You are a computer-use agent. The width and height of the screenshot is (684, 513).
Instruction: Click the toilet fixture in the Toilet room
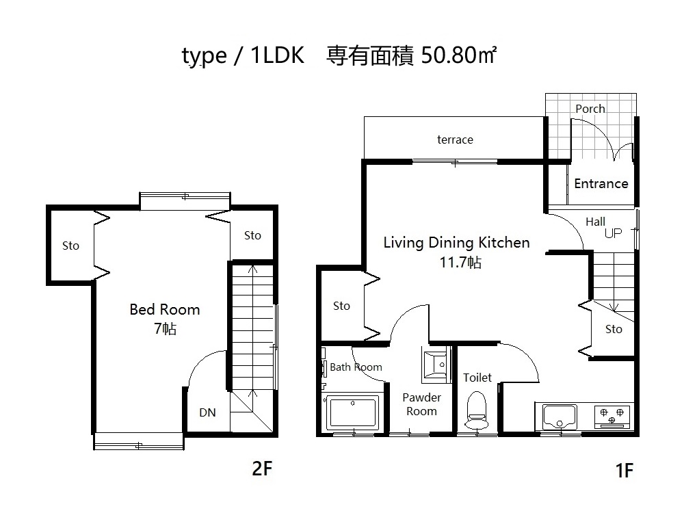[476, 410]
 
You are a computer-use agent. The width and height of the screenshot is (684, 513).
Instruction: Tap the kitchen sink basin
[560, 417]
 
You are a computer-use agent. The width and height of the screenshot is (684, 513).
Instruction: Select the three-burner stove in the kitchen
[612, 416]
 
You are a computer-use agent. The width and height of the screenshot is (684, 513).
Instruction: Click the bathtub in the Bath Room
[352, 411]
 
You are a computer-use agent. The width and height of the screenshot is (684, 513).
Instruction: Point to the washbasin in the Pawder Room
[436, 365]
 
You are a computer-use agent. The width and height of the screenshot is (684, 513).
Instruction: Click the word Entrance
[601, 183]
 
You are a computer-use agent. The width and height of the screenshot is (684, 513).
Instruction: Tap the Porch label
[590, 109]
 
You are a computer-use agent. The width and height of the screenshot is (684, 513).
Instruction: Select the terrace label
[455, 140]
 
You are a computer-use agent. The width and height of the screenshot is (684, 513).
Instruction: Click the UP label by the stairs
[613, 233]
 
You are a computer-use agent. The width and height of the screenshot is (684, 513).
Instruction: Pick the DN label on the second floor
[207, 412]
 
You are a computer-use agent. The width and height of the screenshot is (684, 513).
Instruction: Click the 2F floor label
[262, 469]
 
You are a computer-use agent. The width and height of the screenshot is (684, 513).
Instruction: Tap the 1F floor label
[624, 471]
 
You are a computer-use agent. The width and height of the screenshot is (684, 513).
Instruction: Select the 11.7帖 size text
[460, 263]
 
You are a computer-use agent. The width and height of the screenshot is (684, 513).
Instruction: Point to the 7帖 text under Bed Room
[166, 328]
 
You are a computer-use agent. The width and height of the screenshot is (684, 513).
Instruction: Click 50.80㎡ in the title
[458, 55]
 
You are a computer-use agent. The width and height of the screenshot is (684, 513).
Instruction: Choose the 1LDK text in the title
[278, 55]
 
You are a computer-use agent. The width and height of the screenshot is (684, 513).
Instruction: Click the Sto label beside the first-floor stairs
[614, 330]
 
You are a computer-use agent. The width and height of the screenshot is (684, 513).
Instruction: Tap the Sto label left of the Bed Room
[70, 246]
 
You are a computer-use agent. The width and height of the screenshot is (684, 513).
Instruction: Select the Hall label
[596, 222]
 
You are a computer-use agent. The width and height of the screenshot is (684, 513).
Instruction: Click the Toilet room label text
[477, 378]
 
